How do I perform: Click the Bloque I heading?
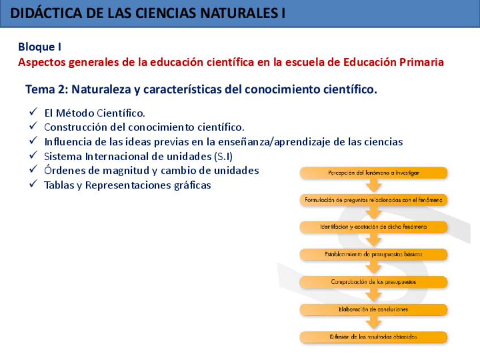(40, 47)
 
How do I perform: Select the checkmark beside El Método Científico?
(33, 112)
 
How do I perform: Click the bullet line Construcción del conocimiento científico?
(144, 127)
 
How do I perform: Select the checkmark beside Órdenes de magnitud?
(33, 170)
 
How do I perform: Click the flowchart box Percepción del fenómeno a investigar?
(374, 173)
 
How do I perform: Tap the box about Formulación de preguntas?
(374, 200)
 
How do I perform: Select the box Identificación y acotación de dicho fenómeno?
(374, 227)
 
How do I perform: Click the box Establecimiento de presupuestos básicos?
(374, 255)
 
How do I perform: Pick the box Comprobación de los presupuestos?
(374, 282)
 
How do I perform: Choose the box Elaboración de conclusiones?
(374, 310)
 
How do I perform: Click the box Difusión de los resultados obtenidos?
(374, 337)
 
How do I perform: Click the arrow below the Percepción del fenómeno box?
(374, 186)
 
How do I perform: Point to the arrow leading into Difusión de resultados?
(374, 323)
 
